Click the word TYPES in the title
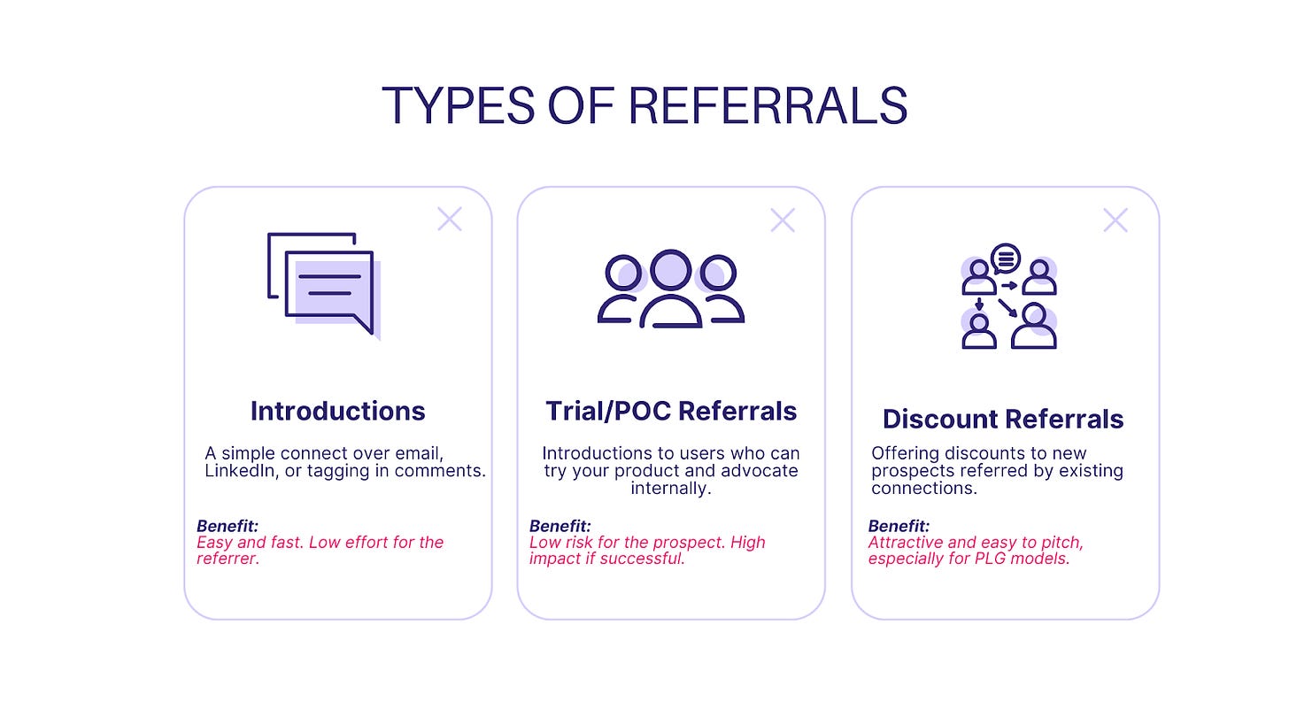pos(458,105)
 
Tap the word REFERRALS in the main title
pos(768,105)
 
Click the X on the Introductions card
pos(450,220)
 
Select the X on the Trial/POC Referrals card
pos(783,220)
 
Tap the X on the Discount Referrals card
pos(1115,220)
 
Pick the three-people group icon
pos(670,289)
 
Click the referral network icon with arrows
pos(1009,297)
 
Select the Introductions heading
pos(337,411)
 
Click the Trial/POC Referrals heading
pos(670,411)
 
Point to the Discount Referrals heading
pos(1003,419)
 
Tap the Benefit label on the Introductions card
pos(228,526)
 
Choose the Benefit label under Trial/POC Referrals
pos(560,526)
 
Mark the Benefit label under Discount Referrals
pos(899,526)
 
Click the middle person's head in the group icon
pos(670,269)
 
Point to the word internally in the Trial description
pos(670,489)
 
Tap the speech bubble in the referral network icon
pos(1006,259)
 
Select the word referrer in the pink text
pos(227,559)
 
